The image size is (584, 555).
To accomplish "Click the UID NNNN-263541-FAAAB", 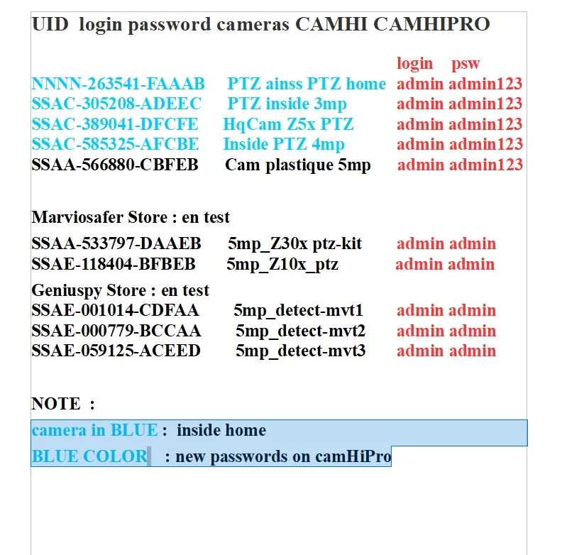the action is (x=118, y=84).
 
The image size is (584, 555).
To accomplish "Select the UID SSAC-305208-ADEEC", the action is (x=116, y=104).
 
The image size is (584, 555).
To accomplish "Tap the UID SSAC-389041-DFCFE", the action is (x=115, y=124).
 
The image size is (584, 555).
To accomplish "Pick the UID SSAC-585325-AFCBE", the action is (x=115, y=144).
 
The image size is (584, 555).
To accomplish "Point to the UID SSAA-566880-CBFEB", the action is (x=115, y=165).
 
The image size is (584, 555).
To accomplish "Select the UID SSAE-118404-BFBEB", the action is (x=114, y=265).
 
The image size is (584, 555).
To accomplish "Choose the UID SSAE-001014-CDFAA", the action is (x=115, y=310).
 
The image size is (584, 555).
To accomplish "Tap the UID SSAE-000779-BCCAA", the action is (x=116, y=331).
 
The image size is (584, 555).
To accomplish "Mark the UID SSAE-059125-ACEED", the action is (x=116, y=351).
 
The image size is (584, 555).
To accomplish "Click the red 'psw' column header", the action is (x=465, y=64).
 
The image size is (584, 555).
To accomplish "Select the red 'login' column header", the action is (x=414, y=63).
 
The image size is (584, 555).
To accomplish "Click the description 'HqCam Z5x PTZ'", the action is (x=288, y=124).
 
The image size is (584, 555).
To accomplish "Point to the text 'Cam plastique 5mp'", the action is (x=298, y=165).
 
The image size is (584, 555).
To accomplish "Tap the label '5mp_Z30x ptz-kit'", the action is (x=295, y=244).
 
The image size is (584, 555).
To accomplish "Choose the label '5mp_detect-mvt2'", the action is (x=301, y=331).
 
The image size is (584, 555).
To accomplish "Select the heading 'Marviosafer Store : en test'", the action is (x=131, y=216).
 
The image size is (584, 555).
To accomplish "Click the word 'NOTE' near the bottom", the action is (x=56, y=404).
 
